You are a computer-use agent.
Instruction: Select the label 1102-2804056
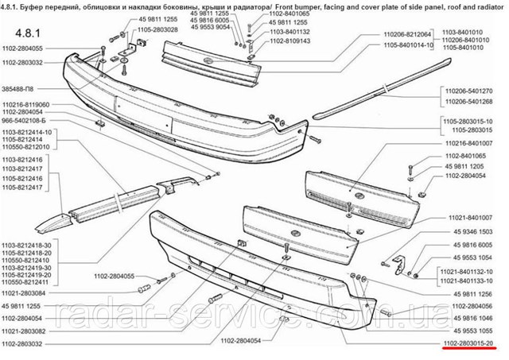point(472,305)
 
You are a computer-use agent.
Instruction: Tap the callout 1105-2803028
point(157,29)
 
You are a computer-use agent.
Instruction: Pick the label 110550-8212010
point(26,147)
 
